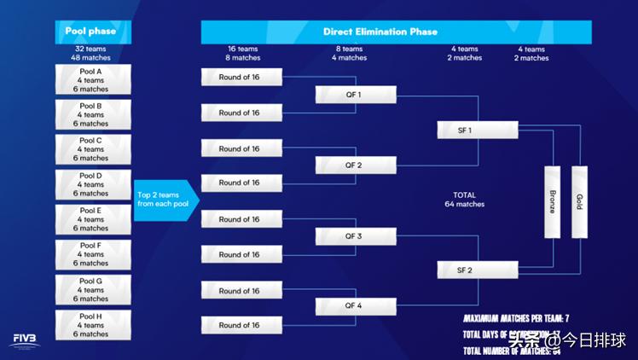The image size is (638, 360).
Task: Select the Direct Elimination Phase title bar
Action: tap(396, 32)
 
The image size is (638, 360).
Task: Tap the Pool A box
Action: tap(94, 80)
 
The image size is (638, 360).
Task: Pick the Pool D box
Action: tap(94, 184)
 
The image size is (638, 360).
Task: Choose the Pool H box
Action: tap(94, 324)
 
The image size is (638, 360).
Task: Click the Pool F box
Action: tap(94, 254)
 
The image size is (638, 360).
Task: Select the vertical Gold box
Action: tap(579, 202)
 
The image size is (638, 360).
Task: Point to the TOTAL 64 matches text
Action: tap(464, 200)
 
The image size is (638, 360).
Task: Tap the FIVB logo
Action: tap(25, 340)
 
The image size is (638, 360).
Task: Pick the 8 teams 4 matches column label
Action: tap(350, 54)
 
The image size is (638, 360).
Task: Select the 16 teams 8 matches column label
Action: tap(243, 54)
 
